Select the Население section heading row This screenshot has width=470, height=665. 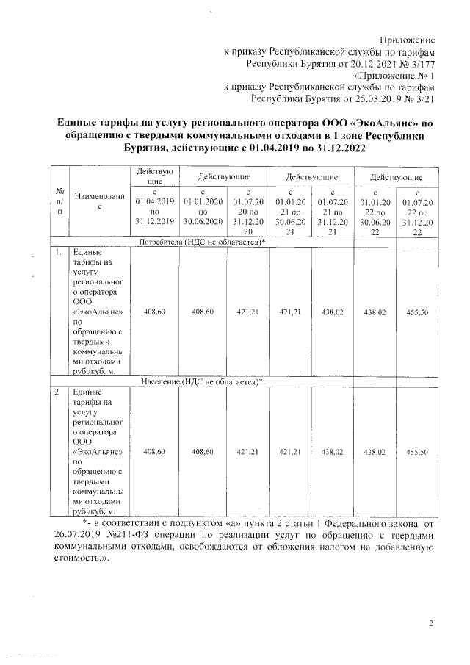click(x=202, y=382)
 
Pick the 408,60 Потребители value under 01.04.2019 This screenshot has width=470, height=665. click(x=153, y=312)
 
